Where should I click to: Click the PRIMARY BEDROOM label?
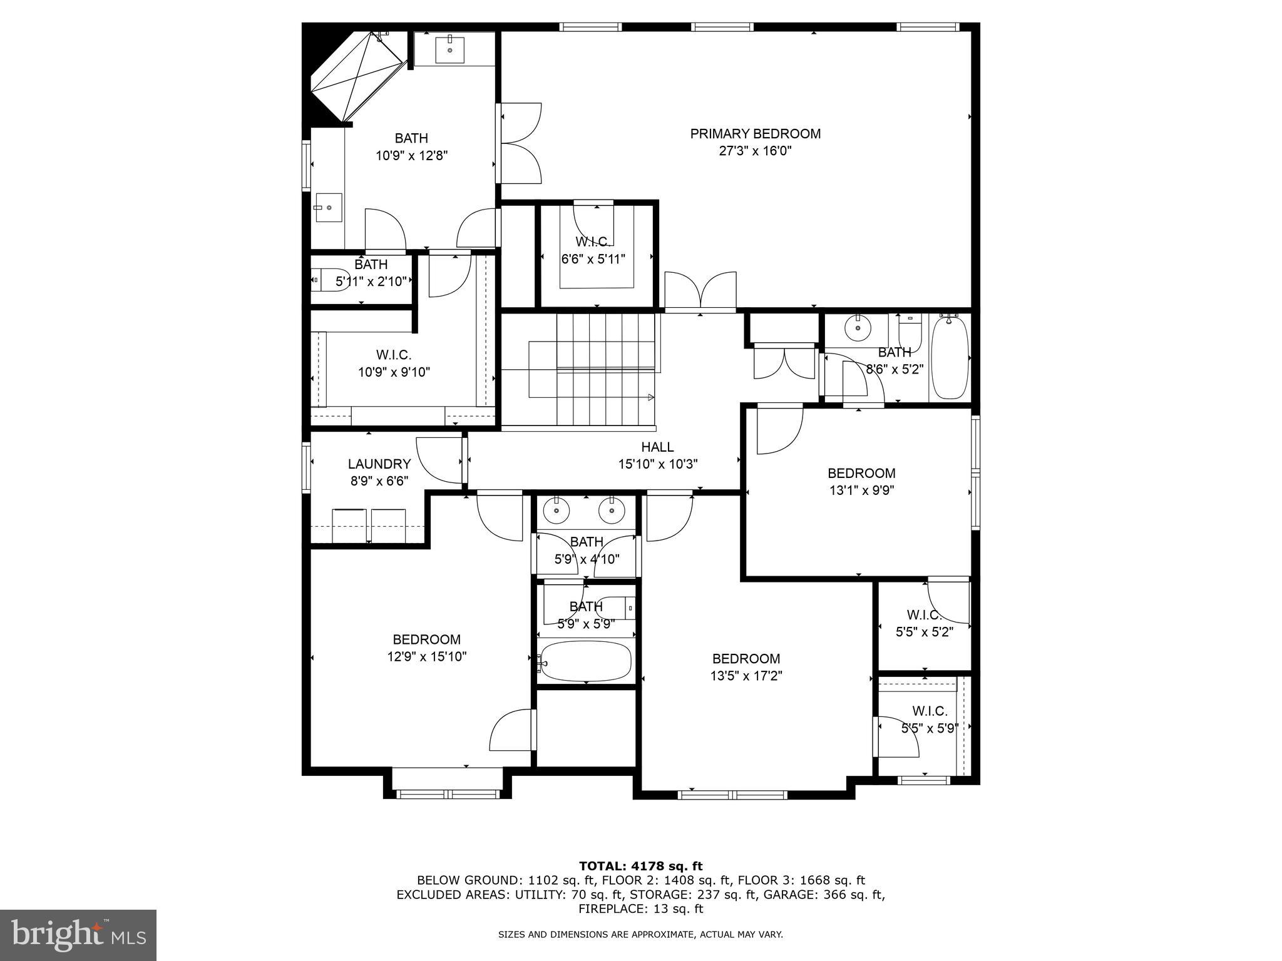(x=755, y=134)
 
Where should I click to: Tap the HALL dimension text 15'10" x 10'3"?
(x=657, y=464)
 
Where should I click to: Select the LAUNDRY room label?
(x=379, y=464)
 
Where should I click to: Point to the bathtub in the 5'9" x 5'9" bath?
(x=585, y=661)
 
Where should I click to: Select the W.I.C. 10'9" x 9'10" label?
(x=394, y=355)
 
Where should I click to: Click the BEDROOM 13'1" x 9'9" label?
(x=861, y=474)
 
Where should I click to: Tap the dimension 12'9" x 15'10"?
(x=427, y=657)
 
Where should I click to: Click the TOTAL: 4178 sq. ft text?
(x=640, y=866)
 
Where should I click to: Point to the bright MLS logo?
(x=78, y=935)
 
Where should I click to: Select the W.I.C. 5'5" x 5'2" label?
(x=924, y=615)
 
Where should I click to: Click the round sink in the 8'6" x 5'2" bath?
(x=855, y=327)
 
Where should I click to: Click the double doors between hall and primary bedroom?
(x=700, y=291)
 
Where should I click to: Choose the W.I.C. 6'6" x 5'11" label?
(x=592, y=242)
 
